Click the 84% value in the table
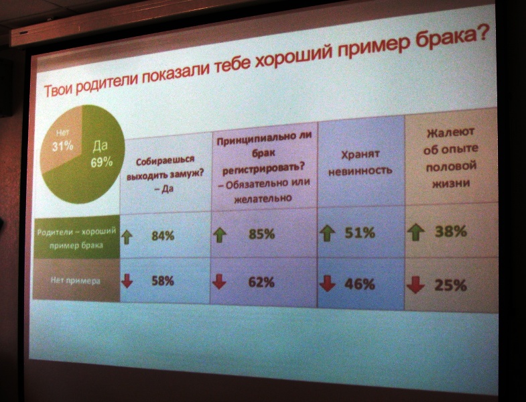tap(163, 236)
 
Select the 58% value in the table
tap(163, 281)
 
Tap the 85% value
tap(261, 234)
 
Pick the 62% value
tap(261, 282)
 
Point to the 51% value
tap(360, 232)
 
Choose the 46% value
tap(360, 284)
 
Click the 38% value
tap(451, 231)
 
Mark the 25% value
tap(450, 285)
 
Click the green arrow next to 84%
tap(127, 237)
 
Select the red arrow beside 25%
tap(415, 285)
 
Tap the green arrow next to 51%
tap(327, 233)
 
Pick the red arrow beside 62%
tap(219, 281)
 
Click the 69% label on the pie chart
tap(102, 162)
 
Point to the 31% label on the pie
tap(63, 146)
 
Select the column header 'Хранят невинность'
tap(360, 162)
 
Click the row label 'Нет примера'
tap(76, 280)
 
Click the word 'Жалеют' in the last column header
tap(450, 132)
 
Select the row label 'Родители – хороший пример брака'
tap(76, 239)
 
